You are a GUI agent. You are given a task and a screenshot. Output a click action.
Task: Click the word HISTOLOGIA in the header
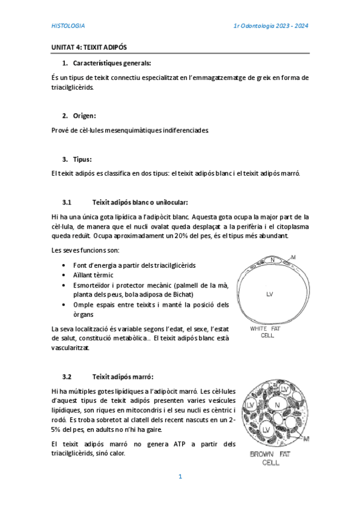[67, 26]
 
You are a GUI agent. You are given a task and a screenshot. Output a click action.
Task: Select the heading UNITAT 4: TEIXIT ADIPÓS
[88, 47]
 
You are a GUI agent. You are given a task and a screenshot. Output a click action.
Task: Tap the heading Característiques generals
[112, 63]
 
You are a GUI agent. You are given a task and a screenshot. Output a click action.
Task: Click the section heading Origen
[85, 115]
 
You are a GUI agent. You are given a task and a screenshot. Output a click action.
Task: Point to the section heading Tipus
[82, 159]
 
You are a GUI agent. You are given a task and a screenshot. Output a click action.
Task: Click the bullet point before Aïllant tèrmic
[64, 274]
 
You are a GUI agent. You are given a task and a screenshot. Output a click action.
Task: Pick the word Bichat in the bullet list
[182, 294]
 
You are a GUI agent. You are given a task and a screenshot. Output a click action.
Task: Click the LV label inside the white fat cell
[270, 294]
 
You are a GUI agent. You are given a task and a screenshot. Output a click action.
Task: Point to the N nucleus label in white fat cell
[272, 260]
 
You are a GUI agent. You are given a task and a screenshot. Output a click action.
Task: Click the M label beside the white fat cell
[293, 257]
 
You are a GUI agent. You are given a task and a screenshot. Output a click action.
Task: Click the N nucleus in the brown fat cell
[277, 405]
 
